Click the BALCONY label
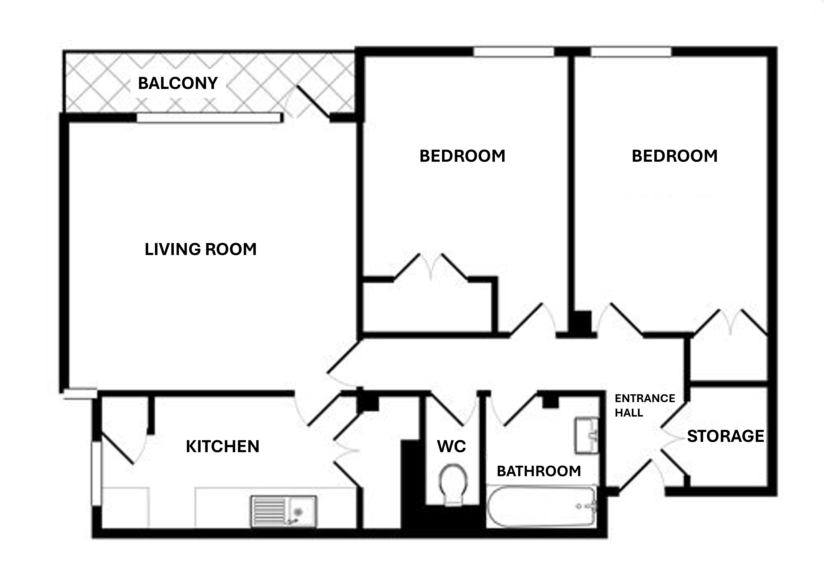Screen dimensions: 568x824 [178, 83]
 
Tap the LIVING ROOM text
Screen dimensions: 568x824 [200, 249]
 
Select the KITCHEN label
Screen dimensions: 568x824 [222, 446]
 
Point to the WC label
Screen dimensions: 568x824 [451, 446]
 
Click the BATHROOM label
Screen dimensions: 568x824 [538, 471]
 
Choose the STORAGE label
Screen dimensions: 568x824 [725, 436]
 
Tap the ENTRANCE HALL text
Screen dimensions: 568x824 [644, 405]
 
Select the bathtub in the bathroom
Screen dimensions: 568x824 [541, 506]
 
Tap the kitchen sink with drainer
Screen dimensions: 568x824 [284, 511]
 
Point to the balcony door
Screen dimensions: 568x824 [313, 102]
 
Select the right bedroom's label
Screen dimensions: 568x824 [674, 156]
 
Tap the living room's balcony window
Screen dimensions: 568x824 [209, 118]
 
